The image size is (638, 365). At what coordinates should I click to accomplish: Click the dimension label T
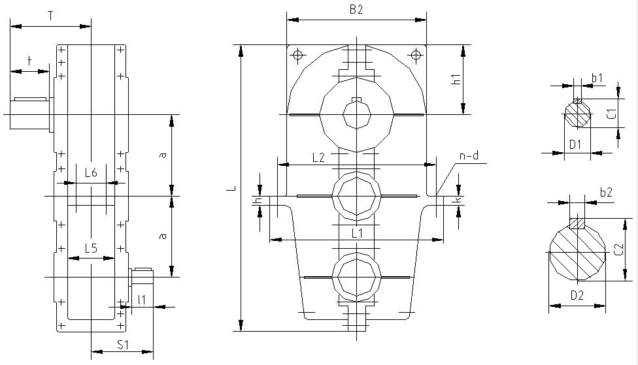[x=50, y=16]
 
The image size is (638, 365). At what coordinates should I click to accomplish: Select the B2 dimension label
[x=356, y=10]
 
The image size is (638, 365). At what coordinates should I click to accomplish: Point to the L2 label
[x=318, y=158]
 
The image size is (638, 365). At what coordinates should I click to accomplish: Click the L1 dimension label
[x=357, y=233]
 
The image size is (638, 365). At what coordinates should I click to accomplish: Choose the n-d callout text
[x=469, y=155]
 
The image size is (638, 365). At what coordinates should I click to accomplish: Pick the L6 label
[x=91, y=173]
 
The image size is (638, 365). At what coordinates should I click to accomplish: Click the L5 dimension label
[x=91, y=248]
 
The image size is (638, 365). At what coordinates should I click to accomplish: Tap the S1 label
[x=122, y=345]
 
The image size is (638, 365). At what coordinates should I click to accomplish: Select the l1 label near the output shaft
[x=142, y=300]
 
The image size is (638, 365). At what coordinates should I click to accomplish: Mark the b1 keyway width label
[x=597, y=78]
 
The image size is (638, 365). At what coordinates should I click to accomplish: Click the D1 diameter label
[x=575, y=144]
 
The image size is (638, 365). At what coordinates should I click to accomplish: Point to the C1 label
[x=612, y=114]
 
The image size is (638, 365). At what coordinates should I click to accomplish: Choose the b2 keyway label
[x=606, y=192]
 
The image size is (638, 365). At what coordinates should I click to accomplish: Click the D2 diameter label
[x=577, y=296]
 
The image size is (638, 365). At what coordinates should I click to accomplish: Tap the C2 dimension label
[x=619, y=249]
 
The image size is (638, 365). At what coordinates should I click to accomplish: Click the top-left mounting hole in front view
[x=298, y=54]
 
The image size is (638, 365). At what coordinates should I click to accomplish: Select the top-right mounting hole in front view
[x=416, y=54]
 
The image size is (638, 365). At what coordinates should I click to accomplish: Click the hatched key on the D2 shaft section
[x=577, y=223]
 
